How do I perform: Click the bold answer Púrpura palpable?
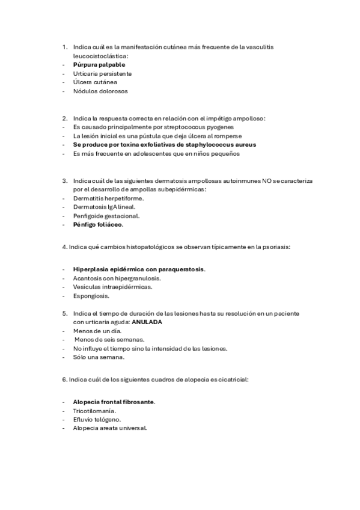[x=99, y=64]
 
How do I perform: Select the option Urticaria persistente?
[x=102, y=73]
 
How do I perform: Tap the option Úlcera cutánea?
[x=95, y=82]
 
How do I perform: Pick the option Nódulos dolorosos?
[x=100, y=91]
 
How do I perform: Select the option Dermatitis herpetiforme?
[x=109, y=198]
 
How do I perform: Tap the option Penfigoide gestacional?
[x=106, y=215]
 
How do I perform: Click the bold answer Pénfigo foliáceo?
[x=98, y=224]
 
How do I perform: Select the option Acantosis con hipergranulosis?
[x=117, y=278]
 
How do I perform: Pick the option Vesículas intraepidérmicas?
[x=112, y=286]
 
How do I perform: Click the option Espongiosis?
[x=91, y=295]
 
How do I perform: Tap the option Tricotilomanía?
[x=94, y=410]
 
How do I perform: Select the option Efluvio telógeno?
[x=97, y=419]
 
